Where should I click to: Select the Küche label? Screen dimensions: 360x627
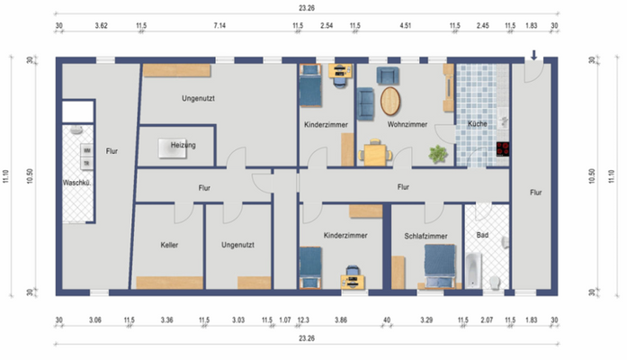[477, 124]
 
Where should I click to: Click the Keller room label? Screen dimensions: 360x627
[170, 245]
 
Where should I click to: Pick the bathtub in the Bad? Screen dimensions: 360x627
[473, 269]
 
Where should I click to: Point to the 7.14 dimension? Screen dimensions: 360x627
[219, 27]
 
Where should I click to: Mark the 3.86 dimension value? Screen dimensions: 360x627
[341, 319]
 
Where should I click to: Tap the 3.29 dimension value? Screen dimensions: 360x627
[425, 319]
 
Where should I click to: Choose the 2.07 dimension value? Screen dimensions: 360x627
[487, 319]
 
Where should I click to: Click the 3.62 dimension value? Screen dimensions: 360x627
[102, 27]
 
